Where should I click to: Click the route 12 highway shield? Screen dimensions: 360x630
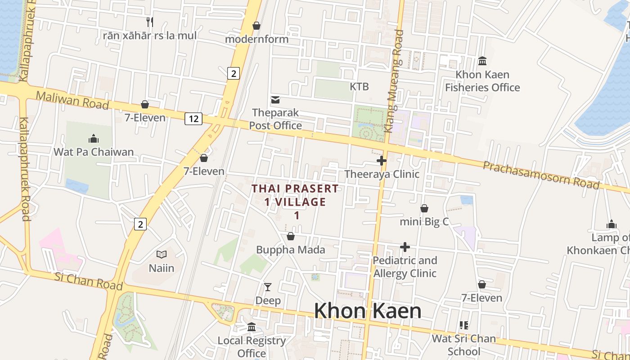[x=193, y=119]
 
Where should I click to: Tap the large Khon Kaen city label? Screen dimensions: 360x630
[x=367, y=311]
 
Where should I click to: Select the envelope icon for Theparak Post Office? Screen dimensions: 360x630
[x=275, y=99]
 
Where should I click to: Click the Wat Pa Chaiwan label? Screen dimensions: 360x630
[x=94, y=152]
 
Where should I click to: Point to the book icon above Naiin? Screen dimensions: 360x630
[x=162, y=255]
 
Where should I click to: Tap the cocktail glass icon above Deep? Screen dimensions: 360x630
[x=268, y=287]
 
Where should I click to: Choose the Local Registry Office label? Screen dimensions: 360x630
[x=252, y=346]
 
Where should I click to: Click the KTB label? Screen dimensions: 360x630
[x=359, y=86]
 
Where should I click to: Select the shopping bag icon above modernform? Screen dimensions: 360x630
[x=256, y=26]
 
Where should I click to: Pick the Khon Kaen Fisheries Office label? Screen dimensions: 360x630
[x=482, y=81]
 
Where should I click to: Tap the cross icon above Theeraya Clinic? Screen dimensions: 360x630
[x=382, y=161]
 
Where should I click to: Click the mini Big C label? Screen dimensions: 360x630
[x=424, y=221]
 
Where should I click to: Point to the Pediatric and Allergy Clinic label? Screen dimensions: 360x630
[x=405, y=267]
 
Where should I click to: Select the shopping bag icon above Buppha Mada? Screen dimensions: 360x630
[x=291, y=236]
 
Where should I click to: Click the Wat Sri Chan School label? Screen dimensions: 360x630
[x=463, y=345]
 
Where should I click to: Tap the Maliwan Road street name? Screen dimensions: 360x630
[x=72, y=100]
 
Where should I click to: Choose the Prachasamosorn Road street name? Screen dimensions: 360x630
[x=541, y=175]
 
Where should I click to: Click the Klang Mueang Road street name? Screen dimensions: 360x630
[x=395, y=81]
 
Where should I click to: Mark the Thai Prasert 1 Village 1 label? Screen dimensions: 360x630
[x=295, y=202]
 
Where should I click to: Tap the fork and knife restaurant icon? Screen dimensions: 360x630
[x=150, y=21]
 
